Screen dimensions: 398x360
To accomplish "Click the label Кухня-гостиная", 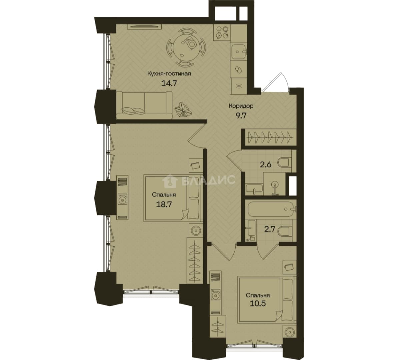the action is [169, 74].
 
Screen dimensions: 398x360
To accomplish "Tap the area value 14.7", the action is [169, 83].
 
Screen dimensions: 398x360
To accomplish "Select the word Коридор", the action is [241, 106].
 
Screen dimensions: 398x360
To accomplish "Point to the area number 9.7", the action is [241, 116].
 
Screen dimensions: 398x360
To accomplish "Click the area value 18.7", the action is [164, 204].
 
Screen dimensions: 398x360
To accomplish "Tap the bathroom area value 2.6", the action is [266, 165].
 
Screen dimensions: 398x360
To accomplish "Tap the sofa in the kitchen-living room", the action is [144, 105].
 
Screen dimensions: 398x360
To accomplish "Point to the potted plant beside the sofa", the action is [183, 110].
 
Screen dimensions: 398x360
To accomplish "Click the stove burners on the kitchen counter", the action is [222, 33].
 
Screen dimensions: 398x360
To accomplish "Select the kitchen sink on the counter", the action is [239, 52].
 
